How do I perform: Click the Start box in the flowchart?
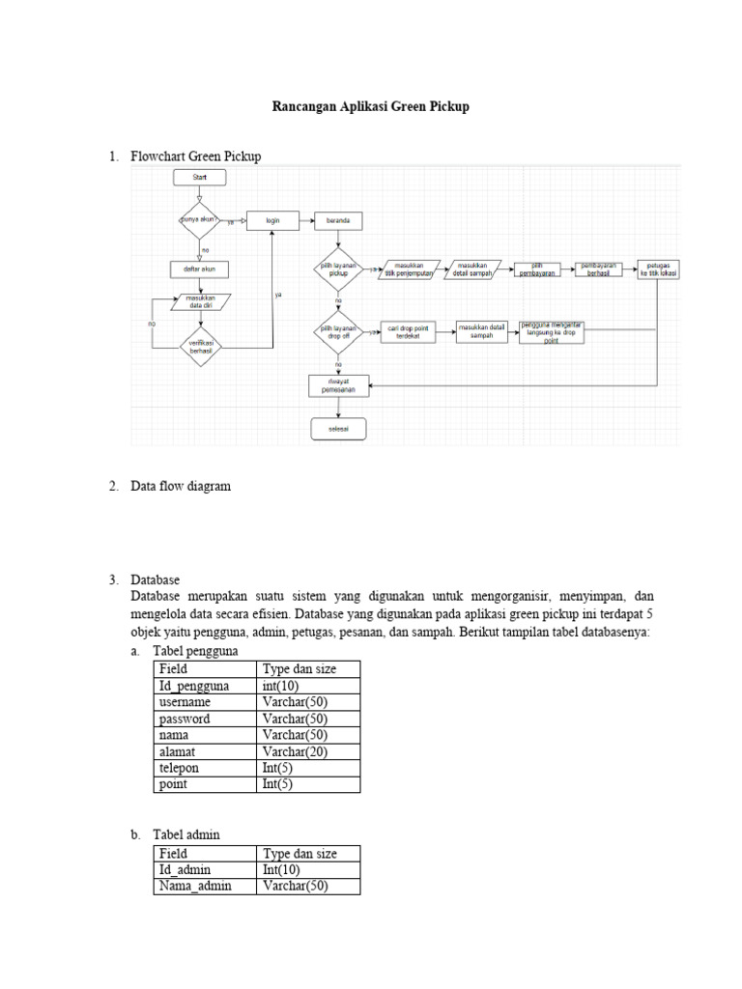pos(200,178)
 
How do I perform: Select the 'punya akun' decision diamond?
pos(200,220)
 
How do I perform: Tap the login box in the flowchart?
pos(273,220)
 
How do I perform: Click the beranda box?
pos(337,220)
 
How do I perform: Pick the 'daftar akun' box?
pos(200,268)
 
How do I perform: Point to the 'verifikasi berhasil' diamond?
pos(200,347)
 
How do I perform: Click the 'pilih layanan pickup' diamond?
pos(337,269)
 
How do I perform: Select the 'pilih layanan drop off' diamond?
pos(337,332)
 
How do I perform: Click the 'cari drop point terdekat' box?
pos(410,332)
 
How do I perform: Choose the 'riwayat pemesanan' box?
pos(337,384)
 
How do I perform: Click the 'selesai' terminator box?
pos(337,428)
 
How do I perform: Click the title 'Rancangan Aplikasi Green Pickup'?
pos(370,107)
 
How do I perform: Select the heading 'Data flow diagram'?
pos(182,487)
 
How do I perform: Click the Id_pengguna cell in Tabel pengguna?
pos(194,686)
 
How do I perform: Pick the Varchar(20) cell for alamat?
pos(295,751)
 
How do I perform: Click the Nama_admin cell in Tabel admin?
pos(195,886)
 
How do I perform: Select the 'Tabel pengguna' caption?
pos(193,652)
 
